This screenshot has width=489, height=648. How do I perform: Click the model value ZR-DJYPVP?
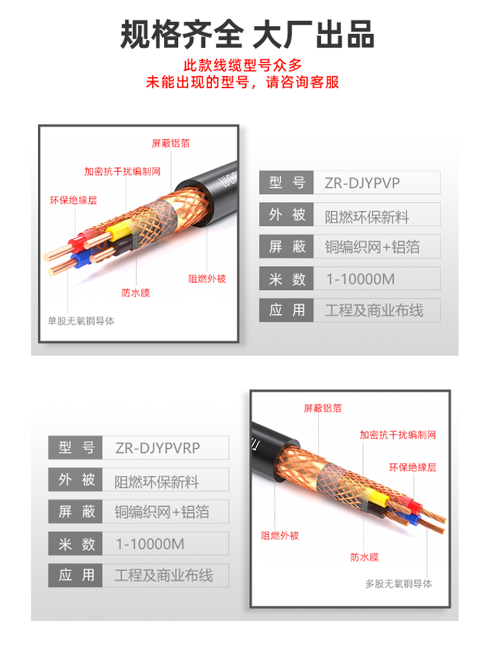(x=362, y=183)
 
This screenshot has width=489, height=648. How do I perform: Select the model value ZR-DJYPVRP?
(x=158, y=448)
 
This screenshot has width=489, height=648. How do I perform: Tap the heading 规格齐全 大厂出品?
(x=247, y=34)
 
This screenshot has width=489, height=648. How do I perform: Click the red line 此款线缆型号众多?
(x=243, y=65)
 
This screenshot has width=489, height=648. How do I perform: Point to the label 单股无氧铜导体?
(x=81, y=321)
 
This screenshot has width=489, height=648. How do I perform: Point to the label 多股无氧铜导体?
(x=399, y=584)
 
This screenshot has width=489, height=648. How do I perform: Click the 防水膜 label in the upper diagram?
(x=135, y=293)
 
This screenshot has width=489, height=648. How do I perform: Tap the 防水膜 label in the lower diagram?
(x=364, y=558)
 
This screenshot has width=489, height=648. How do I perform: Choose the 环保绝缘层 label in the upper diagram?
(x=73, y=201)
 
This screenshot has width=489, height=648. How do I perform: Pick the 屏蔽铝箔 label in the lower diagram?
(x=323, y=408)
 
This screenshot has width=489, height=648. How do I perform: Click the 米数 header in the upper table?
(x=287, y=279)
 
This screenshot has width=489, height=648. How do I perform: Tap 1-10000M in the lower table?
(x=150, y=544)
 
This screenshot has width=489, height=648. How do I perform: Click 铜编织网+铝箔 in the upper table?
(x=372, y=247)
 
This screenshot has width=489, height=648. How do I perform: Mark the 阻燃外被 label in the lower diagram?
(x=280, y=536)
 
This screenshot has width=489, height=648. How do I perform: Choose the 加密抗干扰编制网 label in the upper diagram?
(x=122, y=171)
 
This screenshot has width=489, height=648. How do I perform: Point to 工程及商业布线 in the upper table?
(x=374, y=310)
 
